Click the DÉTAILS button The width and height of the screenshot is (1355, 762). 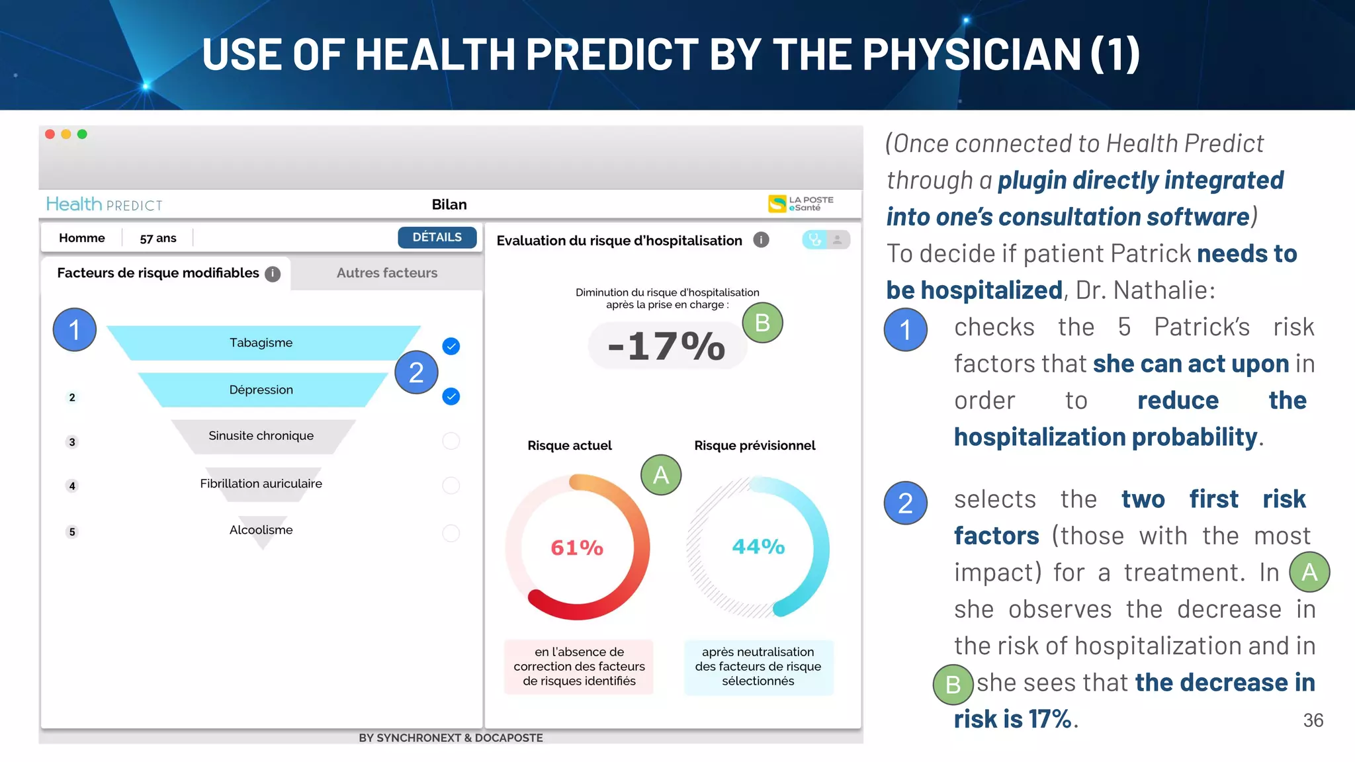point(437,237)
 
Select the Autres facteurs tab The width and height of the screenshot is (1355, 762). point(386,273)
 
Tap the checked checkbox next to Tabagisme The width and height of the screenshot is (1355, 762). point(451,346)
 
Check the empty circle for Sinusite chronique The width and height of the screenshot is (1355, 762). point(451,441)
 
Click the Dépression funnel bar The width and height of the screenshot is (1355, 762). point(261,390)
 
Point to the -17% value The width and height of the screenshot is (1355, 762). point(667,346)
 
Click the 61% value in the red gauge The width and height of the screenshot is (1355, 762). point(577,548)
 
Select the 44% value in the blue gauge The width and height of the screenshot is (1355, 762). point(758,547)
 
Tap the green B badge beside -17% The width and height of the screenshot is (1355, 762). point(762,323)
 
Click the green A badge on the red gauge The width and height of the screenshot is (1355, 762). point(661,475)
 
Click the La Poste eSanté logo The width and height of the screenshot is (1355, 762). point(801,204)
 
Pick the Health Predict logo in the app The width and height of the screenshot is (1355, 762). point(104,204)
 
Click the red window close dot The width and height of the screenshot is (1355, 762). point(50,134)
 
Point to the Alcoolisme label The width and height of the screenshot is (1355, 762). point(261,530)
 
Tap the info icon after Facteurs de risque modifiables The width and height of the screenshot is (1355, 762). point(273,274)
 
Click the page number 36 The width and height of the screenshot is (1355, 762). point(1313,720)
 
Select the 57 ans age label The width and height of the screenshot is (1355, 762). point(158,238)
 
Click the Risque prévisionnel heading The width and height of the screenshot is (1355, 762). point(754,446)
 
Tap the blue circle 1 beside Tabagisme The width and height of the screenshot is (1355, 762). point(75,329)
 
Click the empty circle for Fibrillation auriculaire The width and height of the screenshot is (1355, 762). point(451,486)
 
